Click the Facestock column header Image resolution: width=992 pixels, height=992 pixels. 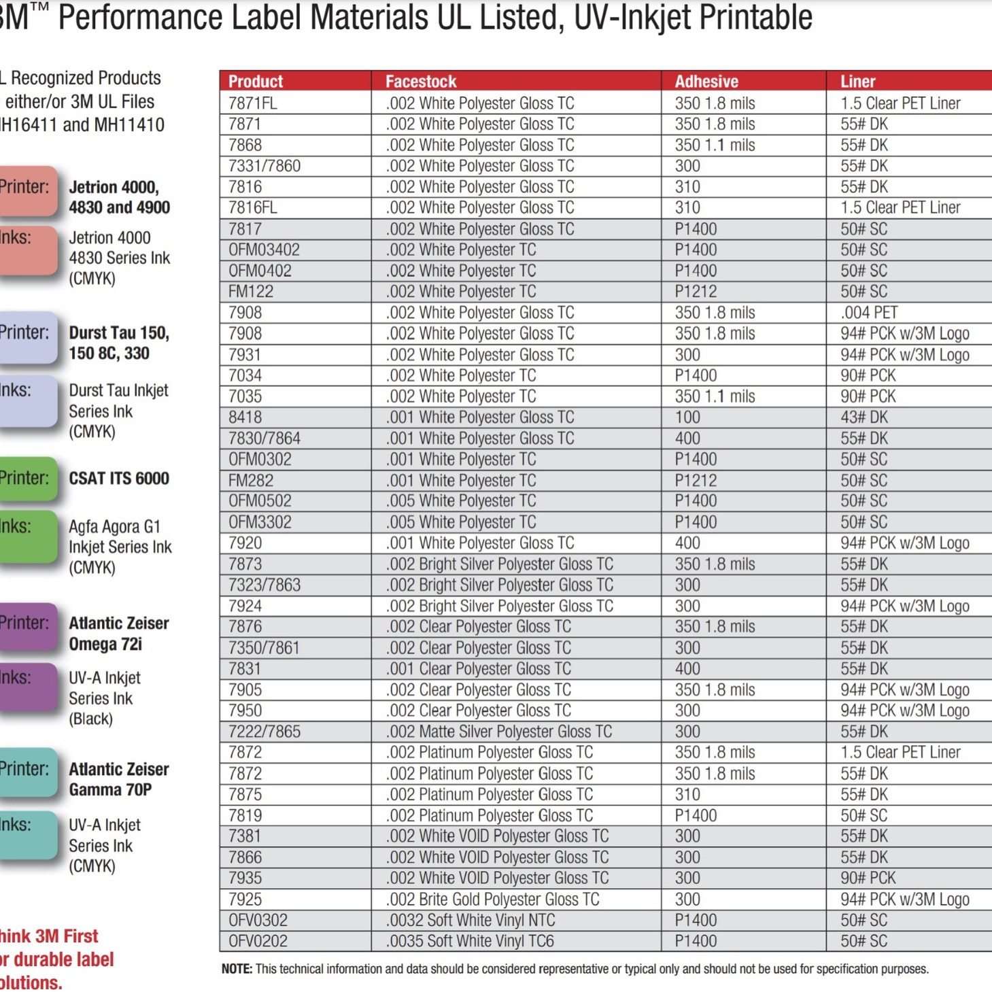(x=421, y=82)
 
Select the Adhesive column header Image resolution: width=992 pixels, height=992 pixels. (x=706, y=82)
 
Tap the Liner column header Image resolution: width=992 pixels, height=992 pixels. (x=858, y=82)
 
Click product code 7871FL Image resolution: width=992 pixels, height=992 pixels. (x=253, y=103)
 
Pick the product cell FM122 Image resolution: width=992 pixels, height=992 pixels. (x=251, y=292)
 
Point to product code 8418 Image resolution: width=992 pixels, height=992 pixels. (x=245, y=417)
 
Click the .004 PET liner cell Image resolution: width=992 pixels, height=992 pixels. (x=869, y=313)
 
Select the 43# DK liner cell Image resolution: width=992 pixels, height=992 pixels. (x=864, y=417)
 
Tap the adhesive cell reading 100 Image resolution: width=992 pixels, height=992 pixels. (x=687, y=417)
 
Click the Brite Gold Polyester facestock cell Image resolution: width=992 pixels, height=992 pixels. (x=493, y=900)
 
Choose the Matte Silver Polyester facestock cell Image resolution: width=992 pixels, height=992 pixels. (x=499, y=732)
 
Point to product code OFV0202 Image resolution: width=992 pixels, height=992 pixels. (x=258, y=942)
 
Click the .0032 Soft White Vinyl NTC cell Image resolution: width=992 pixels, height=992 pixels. (x=471, y=921)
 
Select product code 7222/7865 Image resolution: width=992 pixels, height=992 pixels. (x=264, y=732)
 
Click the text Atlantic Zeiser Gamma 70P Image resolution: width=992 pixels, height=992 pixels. (x=118, y=779)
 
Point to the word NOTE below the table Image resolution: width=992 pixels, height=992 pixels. (x=237, y=969)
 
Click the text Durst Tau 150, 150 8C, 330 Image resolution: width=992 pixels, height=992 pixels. (x=119, y=343)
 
